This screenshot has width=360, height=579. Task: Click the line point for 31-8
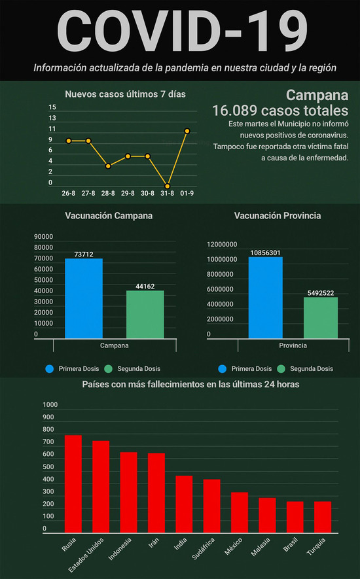tap(168, 186)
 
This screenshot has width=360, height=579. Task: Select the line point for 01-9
tap(187, 131)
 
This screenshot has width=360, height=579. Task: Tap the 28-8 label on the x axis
tap(108, 193)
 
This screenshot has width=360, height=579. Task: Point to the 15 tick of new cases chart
tap(52, 107)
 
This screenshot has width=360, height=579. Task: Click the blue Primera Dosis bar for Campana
tap(84, 298)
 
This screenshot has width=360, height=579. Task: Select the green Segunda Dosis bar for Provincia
tap(321, 317)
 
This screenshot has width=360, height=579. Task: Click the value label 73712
tap(84, 254)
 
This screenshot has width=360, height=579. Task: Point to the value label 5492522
tap(321, 293)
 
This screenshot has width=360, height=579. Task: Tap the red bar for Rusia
tap(73, 483)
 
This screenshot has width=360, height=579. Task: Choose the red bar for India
tap(184, 504)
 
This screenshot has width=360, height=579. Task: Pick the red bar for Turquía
tap(323, 517)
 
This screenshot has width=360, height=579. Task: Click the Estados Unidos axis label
tap(86, 555)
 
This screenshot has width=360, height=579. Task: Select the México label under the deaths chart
tap(234, 546)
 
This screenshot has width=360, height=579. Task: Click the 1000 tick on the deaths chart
tap(50, 405)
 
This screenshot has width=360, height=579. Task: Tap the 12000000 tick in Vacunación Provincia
tap(222, 245)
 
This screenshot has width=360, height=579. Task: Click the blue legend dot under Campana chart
tap(50, 369)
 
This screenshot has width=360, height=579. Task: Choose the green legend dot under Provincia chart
tap(281, 369)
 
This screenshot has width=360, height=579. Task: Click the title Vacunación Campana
tap(109, 216)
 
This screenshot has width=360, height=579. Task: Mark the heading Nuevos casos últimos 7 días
tap(125, 94)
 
